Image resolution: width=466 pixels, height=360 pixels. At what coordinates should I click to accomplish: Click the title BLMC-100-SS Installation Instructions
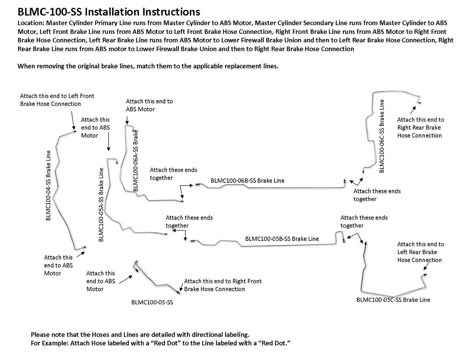(109, 12)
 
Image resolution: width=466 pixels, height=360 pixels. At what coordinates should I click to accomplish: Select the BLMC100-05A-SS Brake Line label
(101, 204)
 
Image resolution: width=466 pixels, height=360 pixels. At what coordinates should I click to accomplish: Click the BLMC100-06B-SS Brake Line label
(247, 181)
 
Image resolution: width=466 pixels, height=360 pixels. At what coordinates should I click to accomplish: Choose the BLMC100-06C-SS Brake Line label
(382, 136)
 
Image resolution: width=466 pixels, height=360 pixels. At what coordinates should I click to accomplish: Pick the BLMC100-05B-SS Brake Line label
(282, 239)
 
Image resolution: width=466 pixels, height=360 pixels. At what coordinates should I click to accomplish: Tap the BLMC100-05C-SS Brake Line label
(393, 300)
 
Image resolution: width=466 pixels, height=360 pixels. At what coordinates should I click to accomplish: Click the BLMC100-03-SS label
(152, 302)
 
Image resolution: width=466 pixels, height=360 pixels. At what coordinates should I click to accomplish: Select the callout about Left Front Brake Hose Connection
(57, 100)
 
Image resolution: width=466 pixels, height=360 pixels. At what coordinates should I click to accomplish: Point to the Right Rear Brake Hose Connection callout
(420, 127)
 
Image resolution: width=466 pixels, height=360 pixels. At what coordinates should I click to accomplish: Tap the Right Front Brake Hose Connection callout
(222, 285)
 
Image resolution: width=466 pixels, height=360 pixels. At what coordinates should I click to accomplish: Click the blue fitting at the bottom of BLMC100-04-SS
(84, 247)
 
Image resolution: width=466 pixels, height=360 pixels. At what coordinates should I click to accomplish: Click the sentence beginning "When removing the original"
(148, 66)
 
